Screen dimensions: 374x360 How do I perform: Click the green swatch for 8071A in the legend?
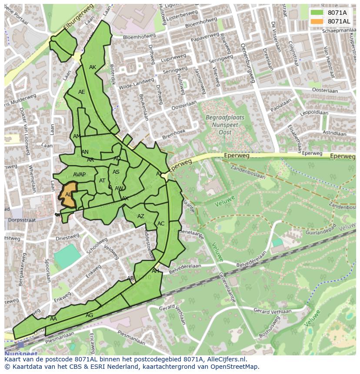pos(317,13)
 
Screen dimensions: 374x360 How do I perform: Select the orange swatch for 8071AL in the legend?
pos(317,21)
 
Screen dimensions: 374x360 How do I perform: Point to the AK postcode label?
pos(93,67)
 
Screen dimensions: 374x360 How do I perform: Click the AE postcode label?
pos(82,92)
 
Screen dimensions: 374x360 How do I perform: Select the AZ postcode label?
pos(141,216)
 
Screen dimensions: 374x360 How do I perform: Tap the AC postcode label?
pos(161,224)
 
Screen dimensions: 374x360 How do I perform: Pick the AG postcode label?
pos(89,315)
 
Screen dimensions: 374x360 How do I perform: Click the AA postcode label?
pos(53,319)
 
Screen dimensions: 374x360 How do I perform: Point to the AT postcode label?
pos(102,181)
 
